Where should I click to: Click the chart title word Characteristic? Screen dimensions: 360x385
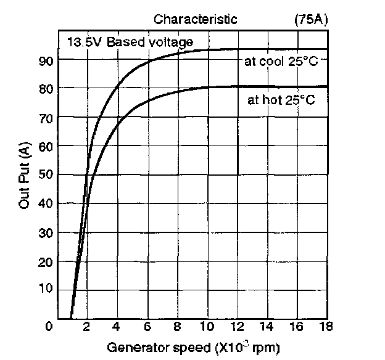[195, 19]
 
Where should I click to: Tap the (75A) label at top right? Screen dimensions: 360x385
[312, 19]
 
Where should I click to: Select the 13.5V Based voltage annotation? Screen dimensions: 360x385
[130, 43]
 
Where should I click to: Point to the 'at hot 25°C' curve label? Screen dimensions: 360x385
[281, 100]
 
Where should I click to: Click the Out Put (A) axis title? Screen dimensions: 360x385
[25, 175]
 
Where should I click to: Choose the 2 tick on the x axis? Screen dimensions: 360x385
[87, 326]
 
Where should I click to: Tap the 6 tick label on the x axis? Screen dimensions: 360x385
[147, 326]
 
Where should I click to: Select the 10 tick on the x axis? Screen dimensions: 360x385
[207, 326]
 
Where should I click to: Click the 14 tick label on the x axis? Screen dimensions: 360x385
[267, 326]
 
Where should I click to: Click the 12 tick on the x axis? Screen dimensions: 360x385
[238, 326]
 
